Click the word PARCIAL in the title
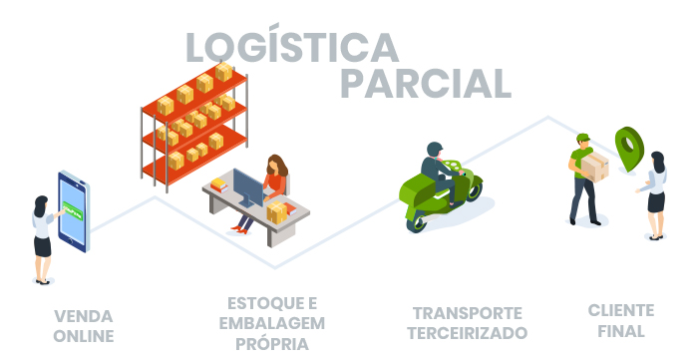tap(425, 82)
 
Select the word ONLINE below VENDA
tap(84, 336)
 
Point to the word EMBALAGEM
tap(272, 323)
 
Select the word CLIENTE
tap(621, 309)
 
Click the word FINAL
tap(622, 330)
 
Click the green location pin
tap(628, 148)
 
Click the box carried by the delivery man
tap(594, 166)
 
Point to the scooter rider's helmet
tap(435, 150)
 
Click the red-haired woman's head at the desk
tap(276, 165)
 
